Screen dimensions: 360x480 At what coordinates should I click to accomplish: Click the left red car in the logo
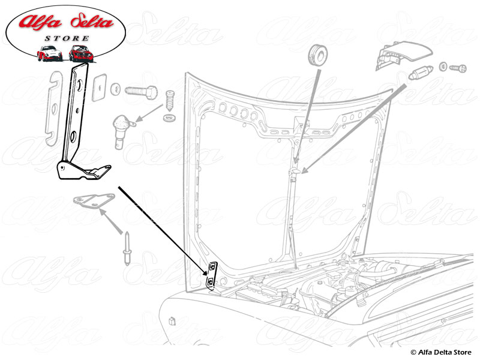tap(50, 53)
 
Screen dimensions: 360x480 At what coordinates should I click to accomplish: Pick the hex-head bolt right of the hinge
tap(141, 92)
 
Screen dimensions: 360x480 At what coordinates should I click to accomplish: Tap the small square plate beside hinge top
tap(100, 85)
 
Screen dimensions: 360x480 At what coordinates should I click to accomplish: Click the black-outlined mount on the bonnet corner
tap(211, 275)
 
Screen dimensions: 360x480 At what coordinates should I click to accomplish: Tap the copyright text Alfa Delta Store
tap(443, 352)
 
